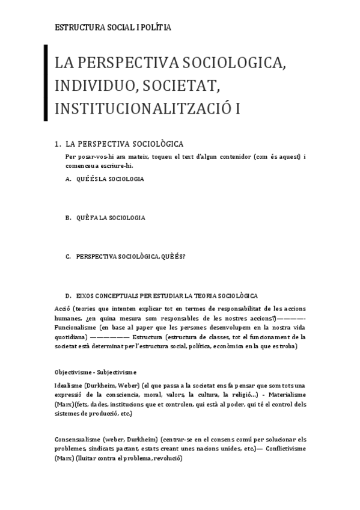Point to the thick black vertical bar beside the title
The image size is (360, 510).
(x=46, y=83)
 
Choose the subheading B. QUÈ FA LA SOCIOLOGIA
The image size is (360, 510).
(x=105, y=218)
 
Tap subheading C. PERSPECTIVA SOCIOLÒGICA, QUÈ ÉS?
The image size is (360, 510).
(x=126, y=256)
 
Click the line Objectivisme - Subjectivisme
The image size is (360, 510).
(x=95, y=372)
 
